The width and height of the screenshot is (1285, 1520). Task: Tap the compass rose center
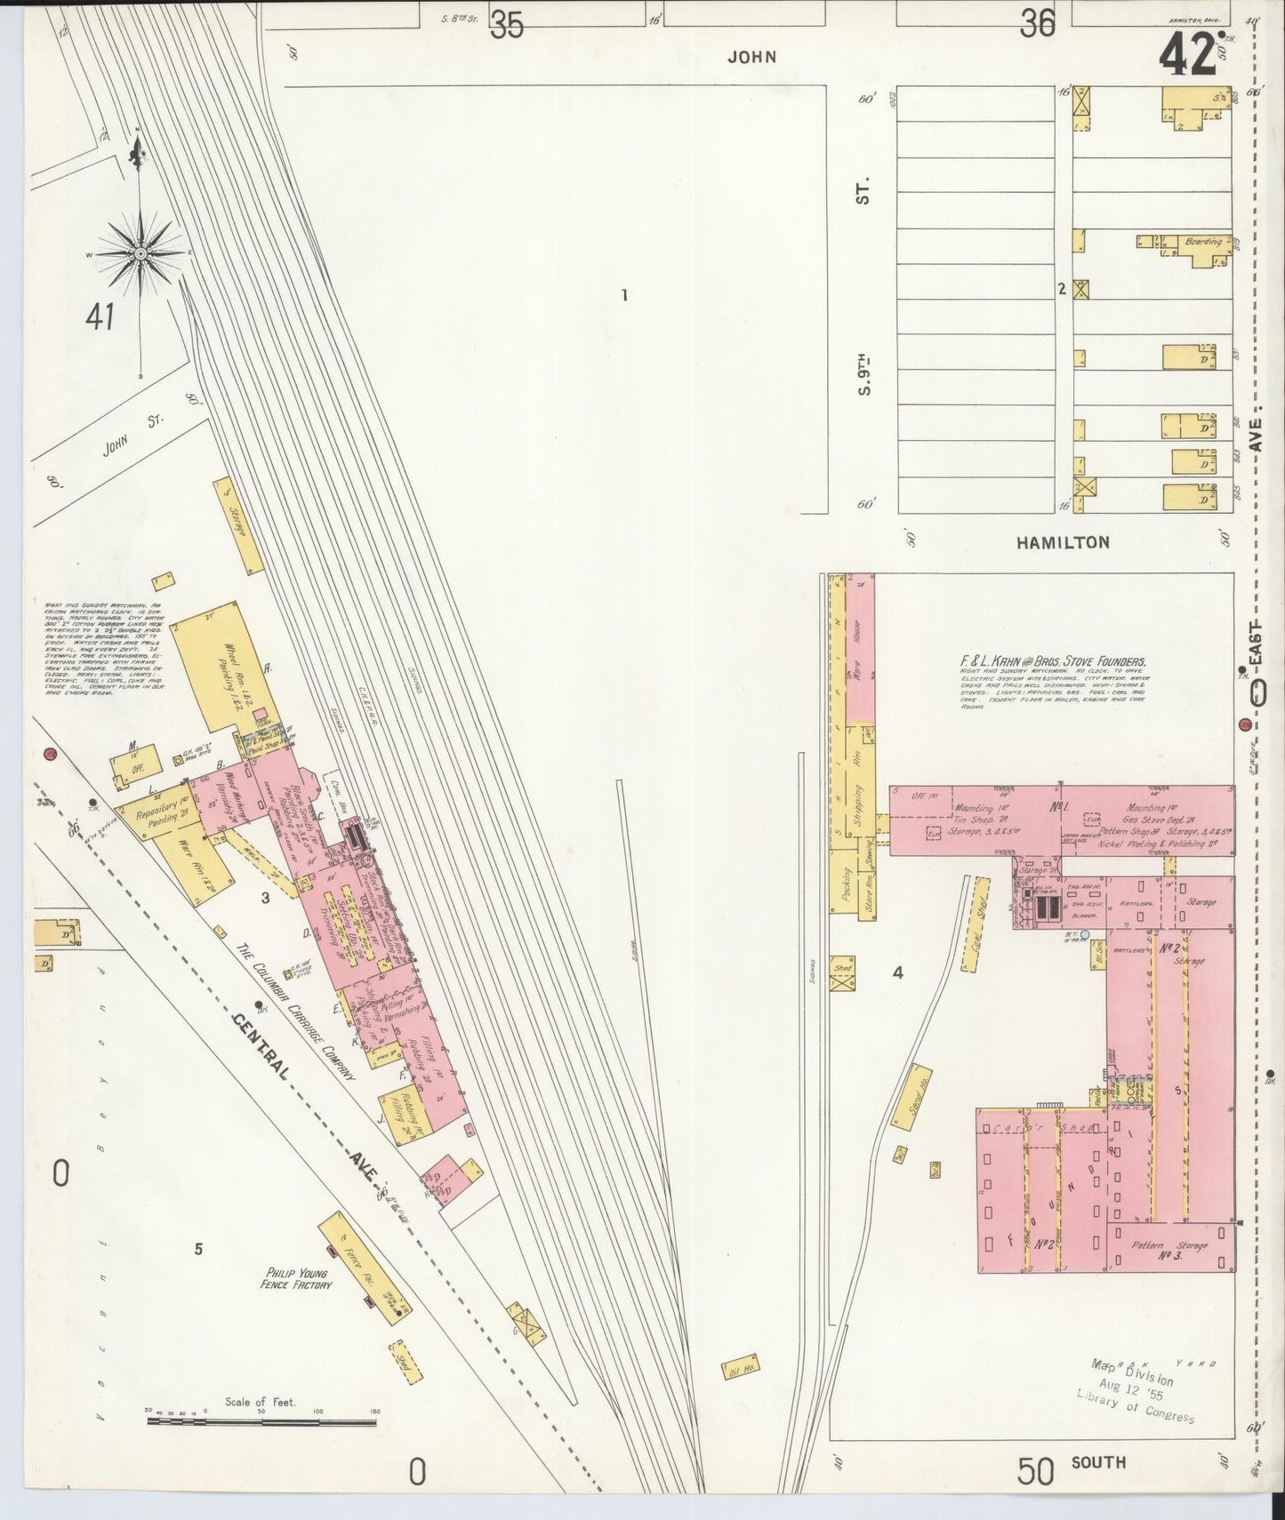click(x=140, y=254)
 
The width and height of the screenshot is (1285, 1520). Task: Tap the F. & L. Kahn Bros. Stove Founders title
click(x=1052, y=661)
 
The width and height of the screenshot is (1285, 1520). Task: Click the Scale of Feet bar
click(x=262, y=1422)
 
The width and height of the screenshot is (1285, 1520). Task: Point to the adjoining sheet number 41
click(x=100, y=316)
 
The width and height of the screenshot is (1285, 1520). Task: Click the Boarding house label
click(x=1203, y=242)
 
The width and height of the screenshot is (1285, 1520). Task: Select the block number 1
click(x=625, y=295)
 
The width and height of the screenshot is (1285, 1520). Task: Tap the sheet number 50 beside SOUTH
click(x=1036, y=1471)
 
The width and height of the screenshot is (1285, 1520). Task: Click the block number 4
click(x=898, y=972)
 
